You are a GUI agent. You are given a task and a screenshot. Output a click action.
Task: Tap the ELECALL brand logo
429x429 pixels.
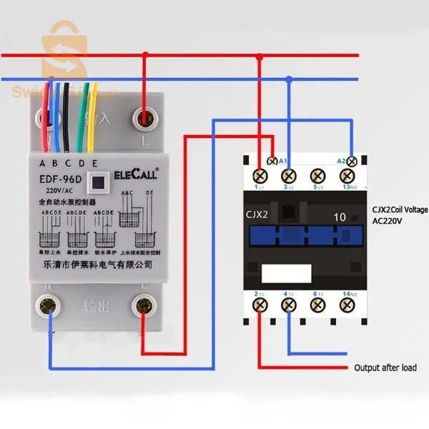[137, 173]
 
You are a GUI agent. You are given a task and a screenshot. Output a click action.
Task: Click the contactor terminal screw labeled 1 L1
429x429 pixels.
[261, 174]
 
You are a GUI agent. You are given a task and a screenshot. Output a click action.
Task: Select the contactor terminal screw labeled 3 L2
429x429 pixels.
[289, 174]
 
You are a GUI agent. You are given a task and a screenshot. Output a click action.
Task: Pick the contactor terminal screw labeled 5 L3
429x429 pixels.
[317, 174]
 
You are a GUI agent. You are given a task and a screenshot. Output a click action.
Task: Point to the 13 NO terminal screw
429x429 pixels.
[347, 174]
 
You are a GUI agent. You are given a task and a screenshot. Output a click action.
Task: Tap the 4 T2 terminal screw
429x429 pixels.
[289, 305]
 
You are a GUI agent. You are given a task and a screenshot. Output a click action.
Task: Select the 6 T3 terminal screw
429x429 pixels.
[317, 305]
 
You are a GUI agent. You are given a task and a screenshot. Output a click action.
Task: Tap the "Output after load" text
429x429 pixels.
[385, 368]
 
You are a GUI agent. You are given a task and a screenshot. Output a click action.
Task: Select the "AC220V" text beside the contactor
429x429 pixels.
[390, 222]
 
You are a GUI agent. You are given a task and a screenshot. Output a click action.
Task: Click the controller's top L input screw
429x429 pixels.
[146, 114]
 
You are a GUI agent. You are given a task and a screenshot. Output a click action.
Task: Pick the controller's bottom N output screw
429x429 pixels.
[49, 307]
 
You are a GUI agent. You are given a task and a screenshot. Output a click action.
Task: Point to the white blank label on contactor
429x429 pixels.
[285, 272]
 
